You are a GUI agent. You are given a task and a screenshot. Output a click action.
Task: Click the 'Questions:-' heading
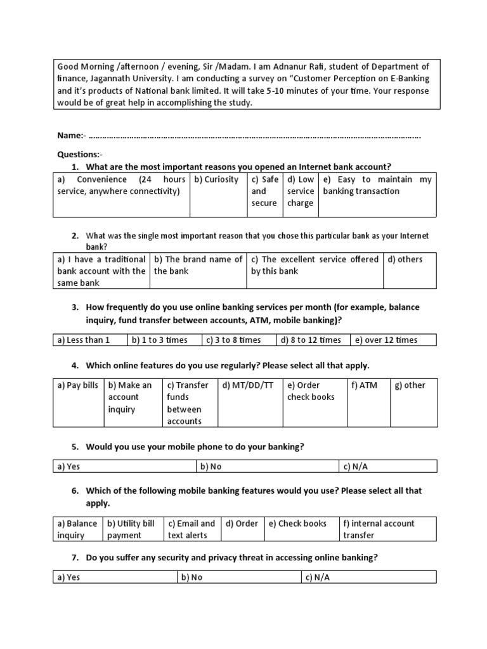[79, 154]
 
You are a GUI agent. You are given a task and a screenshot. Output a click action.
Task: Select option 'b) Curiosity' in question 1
[216, 180]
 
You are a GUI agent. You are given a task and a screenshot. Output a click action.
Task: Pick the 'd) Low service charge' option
[300, 191]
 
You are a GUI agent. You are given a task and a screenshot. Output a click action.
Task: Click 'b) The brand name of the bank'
[198, 265]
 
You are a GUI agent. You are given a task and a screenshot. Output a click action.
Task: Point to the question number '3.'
[75, 307]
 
